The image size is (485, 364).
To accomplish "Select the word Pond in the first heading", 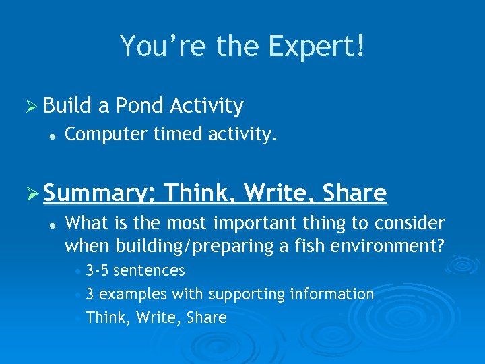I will coord(140,106).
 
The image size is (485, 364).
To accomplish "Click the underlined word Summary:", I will coord(100,194).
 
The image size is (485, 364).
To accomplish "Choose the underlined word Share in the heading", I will coord(355,193).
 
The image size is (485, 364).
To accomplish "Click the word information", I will coord(331,294).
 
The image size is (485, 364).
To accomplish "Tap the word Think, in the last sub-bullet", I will coord(109,317).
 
